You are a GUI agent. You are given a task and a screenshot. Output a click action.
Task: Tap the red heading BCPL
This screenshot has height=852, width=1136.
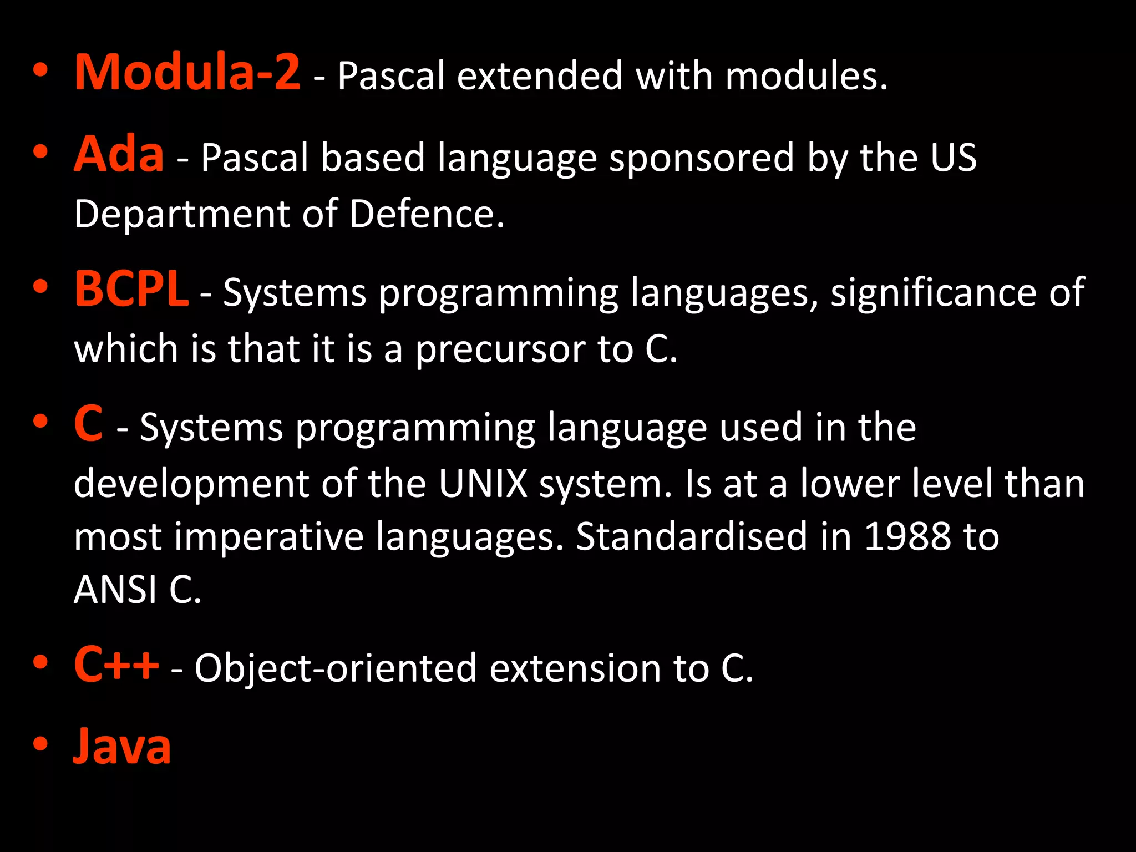tap(131, 288)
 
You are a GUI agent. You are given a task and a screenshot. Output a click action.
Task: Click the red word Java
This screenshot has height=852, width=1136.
tap(122, 746)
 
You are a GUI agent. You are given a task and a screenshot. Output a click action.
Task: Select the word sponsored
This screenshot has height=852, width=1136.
tap(702, 158)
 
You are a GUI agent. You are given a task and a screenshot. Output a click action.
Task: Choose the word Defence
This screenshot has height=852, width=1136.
tap(427, 214)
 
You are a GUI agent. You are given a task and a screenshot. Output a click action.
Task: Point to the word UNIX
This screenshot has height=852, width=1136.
tap(483, 484)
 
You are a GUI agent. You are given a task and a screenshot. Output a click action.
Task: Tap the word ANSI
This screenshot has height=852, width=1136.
tap(115, 589)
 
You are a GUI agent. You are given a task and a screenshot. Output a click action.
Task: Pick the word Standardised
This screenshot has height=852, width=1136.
tap(691, 536)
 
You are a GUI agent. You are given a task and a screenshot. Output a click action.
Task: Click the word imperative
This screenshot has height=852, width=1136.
tap(269, 536)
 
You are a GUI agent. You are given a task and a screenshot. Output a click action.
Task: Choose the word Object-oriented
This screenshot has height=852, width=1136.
tap(336, 668)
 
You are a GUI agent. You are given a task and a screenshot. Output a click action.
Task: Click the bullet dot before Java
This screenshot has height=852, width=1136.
tap(40, 743)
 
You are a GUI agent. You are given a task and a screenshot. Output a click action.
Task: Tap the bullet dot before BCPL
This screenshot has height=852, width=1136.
tap(40, 287)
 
